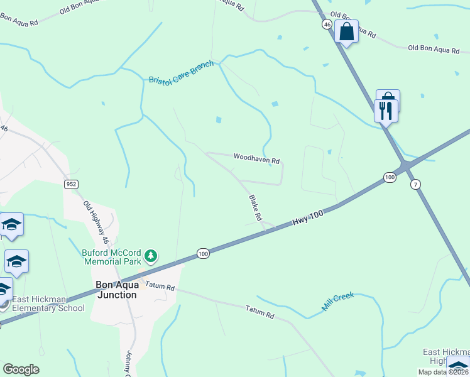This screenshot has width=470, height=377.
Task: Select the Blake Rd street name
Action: (255, 207)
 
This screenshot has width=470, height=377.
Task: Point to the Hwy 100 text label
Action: (308, 219)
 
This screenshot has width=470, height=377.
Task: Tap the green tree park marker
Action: (150, 256)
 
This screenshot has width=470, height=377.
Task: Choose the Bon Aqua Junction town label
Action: (116, 290)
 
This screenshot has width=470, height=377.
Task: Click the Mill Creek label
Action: (338, 302)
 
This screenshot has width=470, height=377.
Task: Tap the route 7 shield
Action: (415, 184)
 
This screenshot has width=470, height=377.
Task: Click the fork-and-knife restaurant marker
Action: (385, 111)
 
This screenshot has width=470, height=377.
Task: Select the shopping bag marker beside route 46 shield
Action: (346, 31)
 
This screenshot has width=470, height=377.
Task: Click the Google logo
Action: (21, 369)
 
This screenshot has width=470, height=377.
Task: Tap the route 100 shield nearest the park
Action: (202, 253)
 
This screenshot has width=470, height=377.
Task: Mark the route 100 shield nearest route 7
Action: (390, 178)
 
